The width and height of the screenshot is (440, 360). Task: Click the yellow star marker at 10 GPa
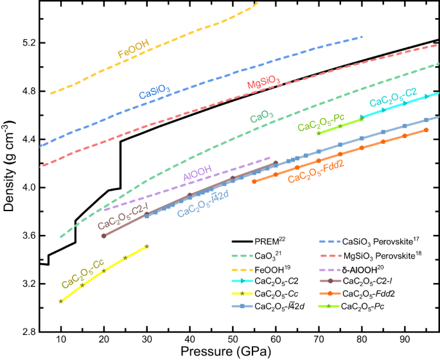click(x=61, y=301)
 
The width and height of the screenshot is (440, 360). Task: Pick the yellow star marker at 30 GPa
click(x=147, y=246)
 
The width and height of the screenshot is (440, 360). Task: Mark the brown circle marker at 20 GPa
click(x=104, y=236)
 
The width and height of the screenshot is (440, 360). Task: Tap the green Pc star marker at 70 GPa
click(x=319, y=133)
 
